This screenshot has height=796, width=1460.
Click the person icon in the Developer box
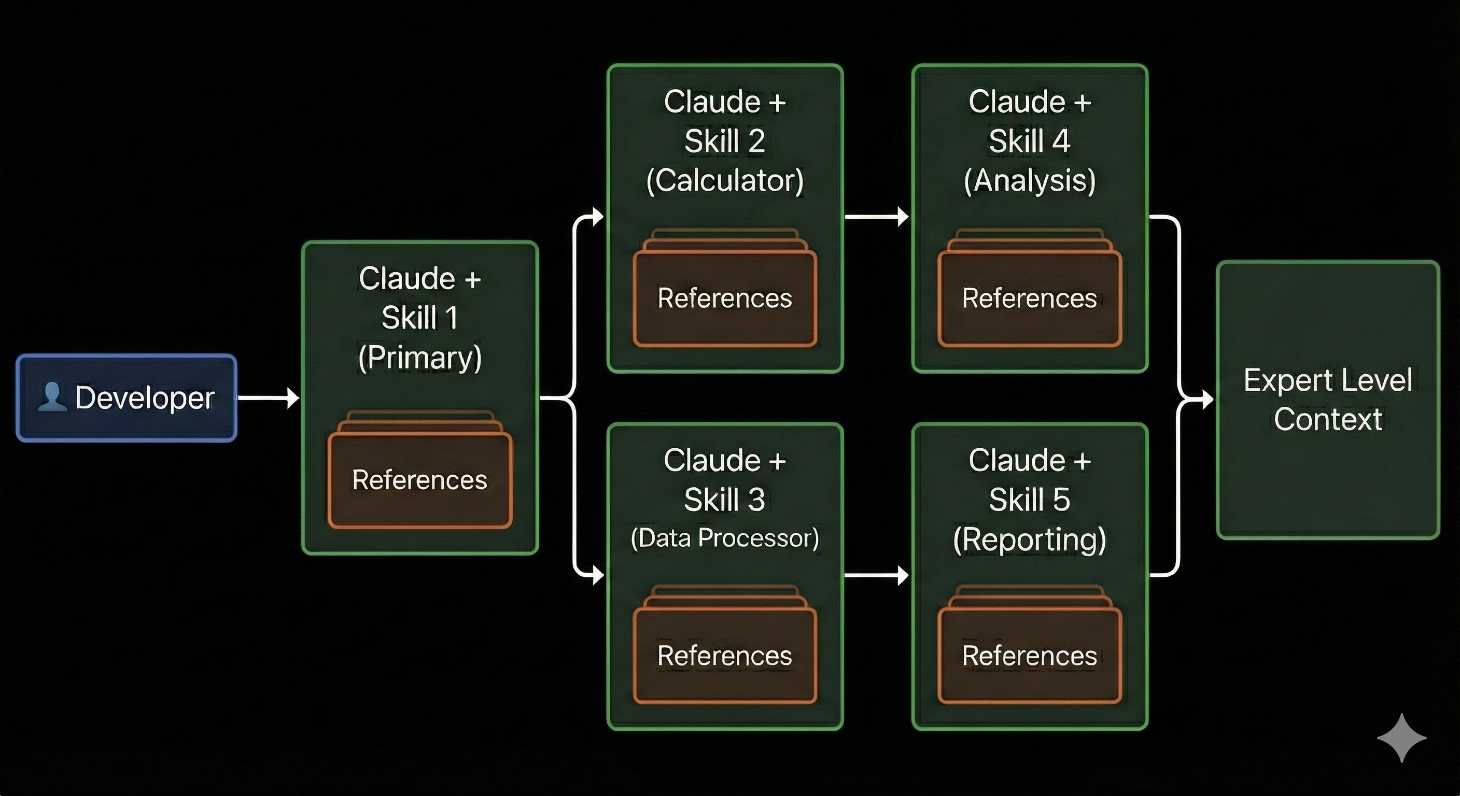[x=51, y=396]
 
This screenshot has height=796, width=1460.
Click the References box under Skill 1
[x=420, y=480]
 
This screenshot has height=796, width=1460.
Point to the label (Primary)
[x=420, y=358]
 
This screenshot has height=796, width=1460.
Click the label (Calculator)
[x=725, y=181]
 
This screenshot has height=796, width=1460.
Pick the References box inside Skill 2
[x=725, y=298]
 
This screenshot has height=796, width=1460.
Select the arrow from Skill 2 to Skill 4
[x=876, y=217]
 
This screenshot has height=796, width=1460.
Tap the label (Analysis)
[x=1030, y=181]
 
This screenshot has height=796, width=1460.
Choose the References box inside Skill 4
[x=1030, y=298]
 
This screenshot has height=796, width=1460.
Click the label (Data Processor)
[x=725, y=537]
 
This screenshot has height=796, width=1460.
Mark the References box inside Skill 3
[x=725, y=656]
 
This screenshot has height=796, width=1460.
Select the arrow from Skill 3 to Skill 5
[x=876, y=576]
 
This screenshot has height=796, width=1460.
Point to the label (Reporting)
[x=1030, y=539]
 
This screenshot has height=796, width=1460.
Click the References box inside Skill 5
[x=1030, y=656]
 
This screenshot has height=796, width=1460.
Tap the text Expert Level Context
[x=1328, y=400]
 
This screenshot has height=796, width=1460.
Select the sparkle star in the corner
[x=1401, y=737]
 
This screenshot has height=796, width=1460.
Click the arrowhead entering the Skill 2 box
[x=597, y=217]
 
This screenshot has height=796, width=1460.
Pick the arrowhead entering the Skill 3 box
[x=597, y=576]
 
